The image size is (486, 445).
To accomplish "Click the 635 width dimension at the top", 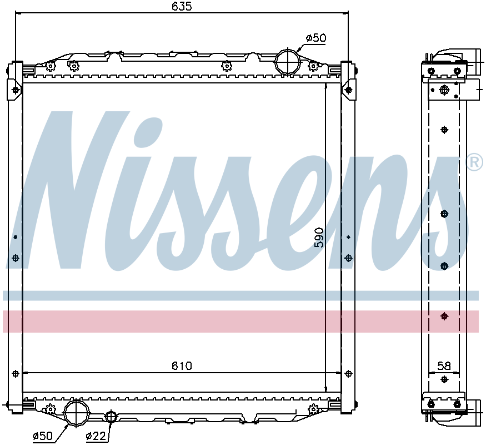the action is click(x=182, y=6).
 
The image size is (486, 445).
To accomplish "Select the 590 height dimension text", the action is click(x=319, y=238).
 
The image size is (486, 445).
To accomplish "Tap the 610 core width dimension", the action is click(x=182, y=366).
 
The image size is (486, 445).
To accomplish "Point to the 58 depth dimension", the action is click(x=444, y=366).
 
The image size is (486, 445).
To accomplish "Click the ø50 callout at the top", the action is click(x=316, y=38).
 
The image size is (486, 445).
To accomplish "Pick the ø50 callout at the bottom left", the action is click(x=43, y=436).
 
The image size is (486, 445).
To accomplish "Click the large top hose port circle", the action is click(x=288, y=61).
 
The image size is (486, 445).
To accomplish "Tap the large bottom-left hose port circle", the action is click(x=76, y=413).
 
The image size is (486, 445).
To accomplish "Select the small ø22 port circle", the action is click(x=111, y=417).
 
